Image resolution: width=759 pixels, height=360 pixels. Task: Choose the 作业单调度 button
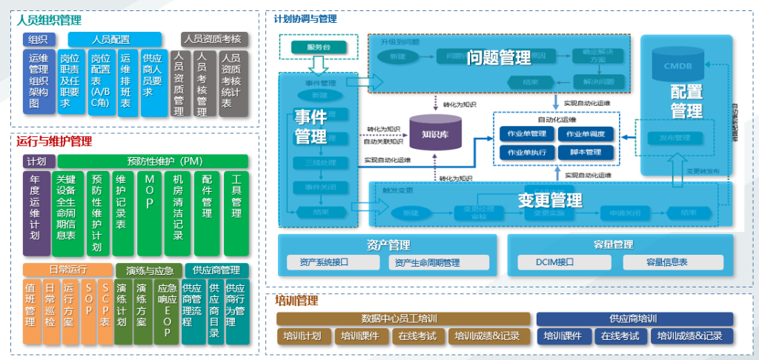tap(586, 134)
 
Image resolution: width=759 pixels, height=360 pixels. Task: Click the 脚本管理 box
tap(586, 152)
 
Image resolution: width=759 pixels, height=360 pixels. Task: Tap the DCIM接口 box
tap(555, 262)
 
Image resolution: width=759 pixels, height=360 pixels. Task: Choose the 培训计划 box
tap(302, 336)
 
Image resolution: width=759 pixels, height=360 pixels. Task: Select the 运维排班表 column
tap(125, 82)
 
